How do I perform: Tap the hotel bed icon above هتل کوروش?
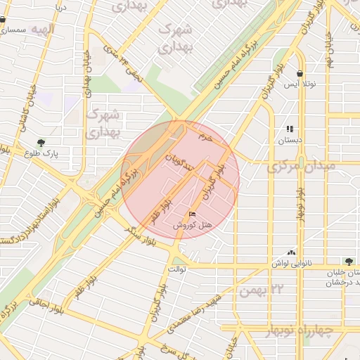coord(193,214)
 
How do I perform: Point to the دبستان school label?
coord(289,140)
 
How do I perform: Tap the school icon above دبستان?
coord(289,129)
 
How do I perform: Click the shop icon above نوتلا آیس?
coord(300,73)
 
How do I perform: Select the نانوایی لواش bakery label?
coord(290,263)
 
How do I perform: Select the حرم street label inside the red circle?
coord(205,135)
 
